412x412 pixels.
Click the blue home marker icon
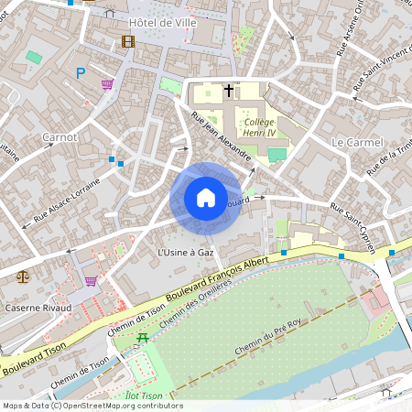coord(206,198)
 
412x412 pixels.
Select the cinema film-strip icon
coord(127,41)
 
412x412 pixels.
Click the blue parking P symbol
coord(81,73)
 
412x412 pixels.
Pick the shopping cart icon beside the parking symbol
coord(108,84)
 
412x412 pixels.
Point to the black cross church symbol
coord(227,91)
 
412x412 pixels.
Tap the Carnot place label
coord(60,137)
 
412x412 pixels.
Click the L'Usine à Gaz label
coord(186,252)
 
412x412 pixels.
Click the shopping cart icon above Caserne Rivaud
coord(91,281)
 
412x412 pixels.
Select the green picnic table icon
coord(142,339)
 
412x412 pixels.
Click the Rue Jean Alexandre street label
coord(222,137)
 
